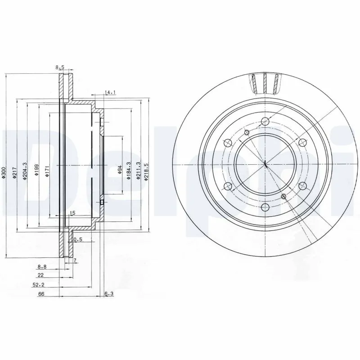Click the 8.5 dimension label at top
point(60,67)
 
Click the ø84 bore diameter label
point(119,169)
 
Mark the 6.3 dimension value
point(108,294)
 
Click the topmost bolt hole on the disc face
point(265,121)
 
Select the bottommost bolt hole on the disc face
point(265,207)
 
